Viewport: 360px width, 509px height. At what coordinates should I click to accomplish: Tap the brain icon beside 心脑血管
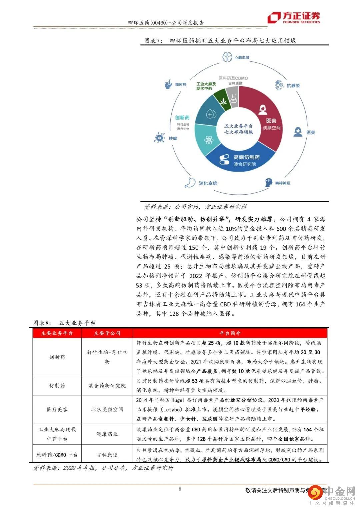pos(228,57)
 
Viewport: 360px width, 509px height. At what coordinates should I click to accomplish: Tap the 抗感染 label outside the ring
pos(293,85)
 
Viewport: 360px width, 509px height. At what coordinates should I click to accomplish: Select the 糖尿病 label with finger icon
pos(180,84)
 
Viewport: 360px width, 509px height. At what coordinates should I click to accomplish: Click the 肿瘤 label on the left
pos(173,138)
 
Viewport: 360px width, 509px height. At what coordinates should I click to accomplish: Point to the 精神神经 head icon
pos(269,182)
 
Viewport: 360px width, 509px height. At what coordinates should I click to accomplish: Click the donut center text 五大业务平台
pos(238,126)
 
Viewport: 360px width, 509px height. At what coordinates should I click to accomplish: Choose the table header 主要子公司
pos(107,333)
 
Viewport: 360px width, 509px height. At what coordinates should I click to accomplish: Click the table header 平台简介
pos(230,333)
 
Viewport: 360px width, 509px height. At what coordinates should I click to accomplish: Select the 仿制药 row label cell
pos(57,386)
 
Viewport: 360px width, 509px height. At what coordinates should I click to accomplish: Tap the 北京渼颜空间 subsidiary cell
pos(107,409)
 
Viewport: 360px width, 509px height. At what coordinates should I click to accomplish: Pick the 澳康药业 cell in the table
pos(107,434)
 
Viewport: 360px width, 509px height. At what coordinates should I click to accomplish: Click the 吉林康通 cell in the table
pos(107,455)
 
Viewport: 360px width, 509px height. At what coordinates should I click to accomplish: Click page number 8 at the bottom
pos(180,489)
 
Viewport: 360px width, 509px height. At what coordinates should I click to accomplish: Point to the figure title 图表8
pos(42,323)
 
